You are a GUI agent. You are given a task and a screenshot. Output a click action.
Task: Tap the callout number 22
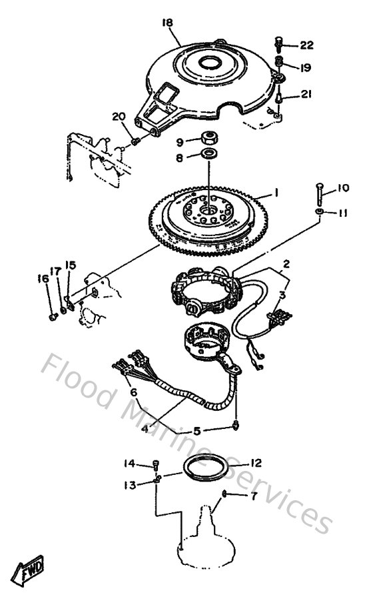point(306,45)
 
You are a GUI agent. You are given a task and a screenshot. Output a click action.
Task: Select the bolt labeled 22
point(278,46)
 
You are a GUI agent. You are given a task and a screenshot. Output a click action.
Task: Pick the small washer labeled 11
point(320,212)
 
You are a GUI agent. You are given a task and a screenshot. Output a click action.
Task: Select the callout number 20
point(119,117)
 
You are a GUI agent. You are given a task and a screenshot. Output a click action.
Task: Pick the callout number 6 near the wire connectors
point(134,393)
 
